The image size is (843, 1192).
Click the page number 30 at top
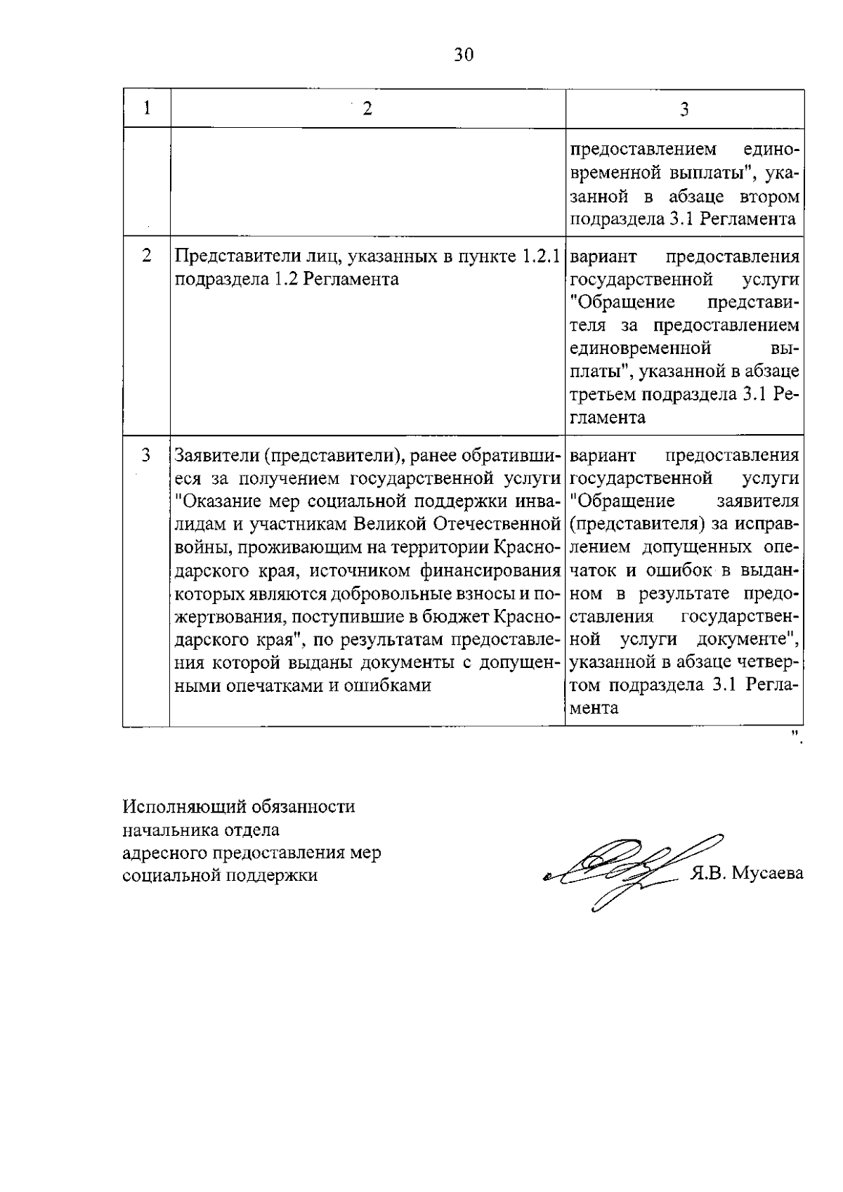pos(464,55)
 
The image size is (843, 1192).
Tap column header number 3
pos(684,109)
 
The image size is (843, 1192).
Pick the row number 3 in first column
pos(147,455)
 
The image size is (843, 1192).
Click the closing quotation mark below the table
pos(797,736)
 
